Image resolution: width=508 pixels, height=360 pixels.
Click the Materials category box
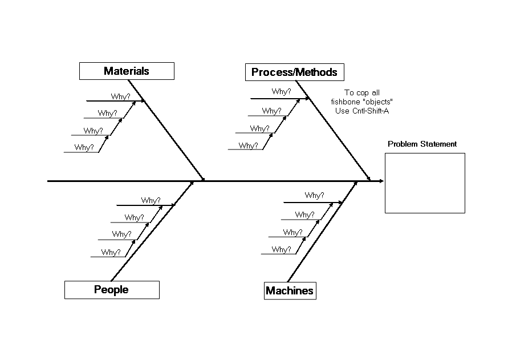pyautogui.click(x=127, y=71)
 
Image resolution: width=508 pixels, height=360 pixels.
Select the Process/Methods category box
pyautogui.click(x=294, y=72)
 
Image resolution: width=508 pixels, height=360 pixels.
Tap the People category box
pyautogui.click(x=111, y=290)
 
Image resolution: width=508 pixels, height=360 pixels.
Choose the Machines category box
pyautogui.click(x=290, y=291)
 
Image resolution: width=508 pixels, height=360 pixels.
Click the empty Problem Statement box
pyautogui.click(x=425, y=183)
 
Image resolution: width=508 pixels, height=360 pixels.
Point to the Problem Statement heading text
pyautogui.click(x=422, y=144)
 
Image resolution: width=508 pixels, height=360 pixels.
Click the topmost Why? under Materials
pyautogui.click(x=120, y=96)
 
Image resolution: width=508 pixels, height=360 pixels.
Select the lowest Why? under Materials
pyautogui.click(x=84, y=147)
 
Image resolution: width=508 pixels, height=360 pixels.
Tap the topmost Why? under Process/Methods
pyautogui.click(x=281, y=91)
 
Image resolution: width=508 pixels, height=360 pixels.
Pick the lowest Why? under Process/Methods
pyautogui.click(x=248, y=145)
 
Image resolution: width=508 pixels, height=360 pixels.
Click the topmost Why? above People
pyautogui.click(x=151, y=200)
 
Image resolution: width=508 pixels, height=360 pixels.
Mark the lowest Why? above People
pyautogui.click(x=111, y=252)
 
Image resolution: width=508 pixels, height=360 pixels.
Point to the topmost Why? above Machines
pyautogui.click(x=314, y=195)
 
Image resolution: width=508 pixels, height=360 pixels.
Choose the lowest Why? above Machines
pyautogui.click(x=281, y=249)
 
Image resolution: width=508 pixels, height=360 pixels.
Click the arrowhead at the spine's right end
pyautogui.click(x=381, y=181)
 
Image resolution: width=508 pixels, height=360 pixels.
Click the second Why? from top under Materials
pyautogui.click(x=107, y=113)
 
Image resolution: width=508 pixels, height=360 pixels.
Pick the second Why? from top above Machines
pyautogui.click(x=304, y=215)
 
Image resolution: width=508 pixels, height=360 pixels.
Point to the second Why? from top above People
pyautogui.click(x=134, y=217)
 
